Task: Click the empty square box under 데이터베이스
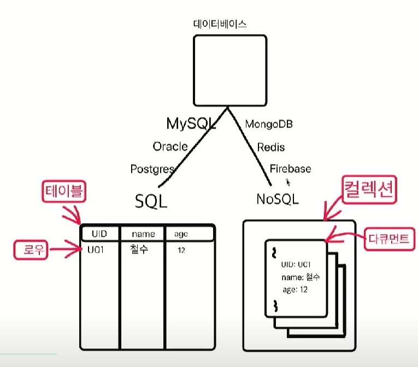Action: (230, 69)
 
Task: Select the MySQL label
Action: (191, 124)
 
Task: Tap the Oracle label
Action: (170, 147)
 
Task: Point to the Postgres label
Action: (152, 169)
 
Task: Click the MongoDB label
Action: (269, 124)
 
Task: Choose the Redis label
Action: (271, 147)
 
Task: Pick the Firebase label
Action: (290, 168)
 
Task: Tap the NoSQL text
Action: (278, 199)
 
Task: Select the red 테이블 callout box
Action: (65, 193)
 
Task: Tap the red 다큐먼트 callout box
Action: (388, 238)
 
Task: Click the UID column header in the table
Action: (99, 234)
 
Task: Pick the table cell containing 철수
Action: (139, 250)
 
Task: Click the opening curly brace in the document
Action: (274, 252)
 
